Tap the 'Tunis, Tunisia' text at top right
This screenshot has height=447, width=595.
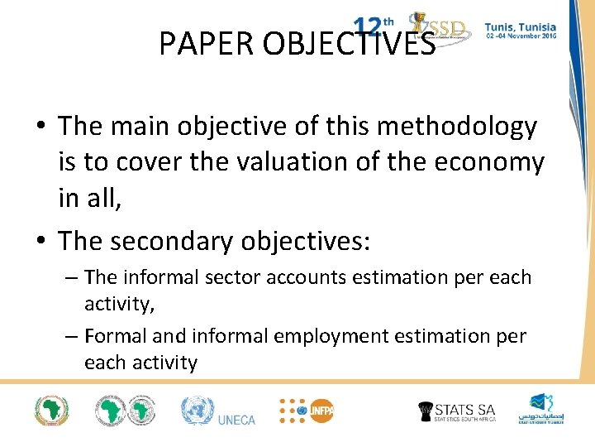point(520,26)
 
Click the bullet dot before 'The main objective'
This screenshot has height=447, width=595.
point(40,127)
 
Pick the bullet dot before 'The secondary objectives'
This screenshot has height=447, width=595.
point(40,241)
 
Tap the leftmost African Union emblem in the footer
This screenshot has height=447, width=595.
point(51,411)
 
